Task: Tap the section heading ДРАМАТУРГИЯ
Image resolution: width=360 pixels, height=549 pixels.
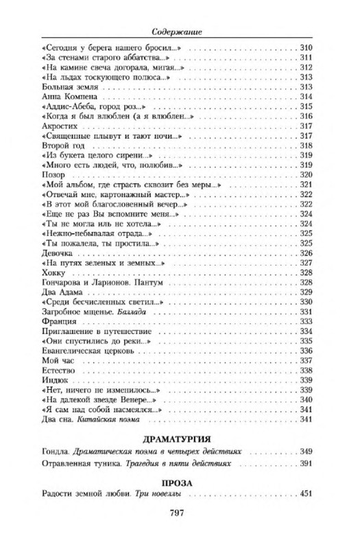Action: click(x=180, y=437)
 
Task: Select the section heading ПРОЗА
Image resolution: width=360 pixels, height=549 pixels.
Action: click(x=180, y=482)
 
